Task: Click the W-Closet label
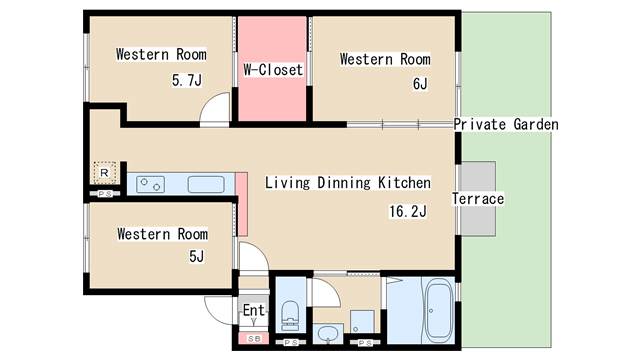[x=273, y=70]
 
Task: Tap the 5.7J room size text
[x=187, y=80]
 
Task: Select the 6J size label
[x=420, y=84]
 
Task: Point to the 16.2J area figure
[x=408, y=211]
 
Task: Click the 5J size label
[x=196, y=256]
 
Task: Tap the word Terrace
[x=478, y=199]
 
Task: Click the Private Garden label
[x=506, y=124]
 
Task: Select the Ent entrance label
[x=253, y=310]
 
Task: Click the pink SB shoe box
[x=253, y=338]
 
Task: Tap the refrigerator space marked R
[x=104, y=173]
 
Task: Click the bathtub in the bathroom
[x=439, y=310]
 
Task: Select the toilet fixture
[x=291, y=315]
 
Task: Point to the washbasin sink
[x=328, y=334]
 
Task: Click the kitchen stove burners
[x=150, y=184]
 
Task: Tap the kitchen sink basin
[x=206, y=184]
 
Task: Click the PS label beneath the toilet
[x=291, y=343]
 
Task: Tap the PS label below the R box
[x=105, y=194]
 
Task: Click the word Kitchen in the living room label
[x=404, y=182]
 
